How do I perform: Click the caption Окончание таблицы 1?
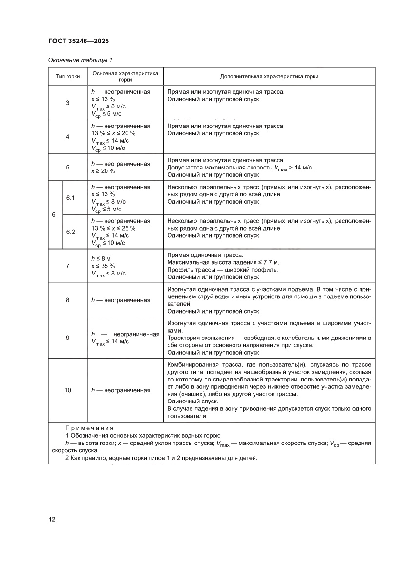click(80, 60)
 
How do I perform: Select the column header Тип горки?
click(67, 77)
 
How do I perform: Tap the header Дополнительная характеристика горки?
click(269, 77)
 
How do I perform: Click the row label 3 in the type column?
click(67, 103)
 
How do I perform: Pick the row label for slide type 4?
click(67, 137)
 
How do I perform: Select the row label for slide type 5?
click(67, 167)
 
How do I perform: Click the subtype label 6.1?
click(70, 198)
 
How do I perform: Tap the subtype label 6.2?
click(70, 232)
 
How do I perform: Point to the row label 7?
click(67, 266)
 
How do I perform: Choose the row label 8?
click(67, 300)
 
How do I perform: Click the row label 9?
click(67, 338)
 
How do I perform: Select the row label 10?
click(67, 390)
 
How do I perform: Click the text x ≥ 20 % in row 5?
click(103, 171)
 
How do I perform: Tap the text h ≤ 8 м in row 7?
click(102, 258)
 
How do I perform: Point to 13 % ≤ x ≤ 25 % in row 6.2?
click(113, 228)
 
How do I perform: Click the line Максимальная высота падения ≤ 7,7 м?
click(223, 262)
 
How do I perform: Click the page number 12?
click(52, 519)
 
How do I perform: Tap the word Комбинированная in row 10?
click(192, 365)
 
